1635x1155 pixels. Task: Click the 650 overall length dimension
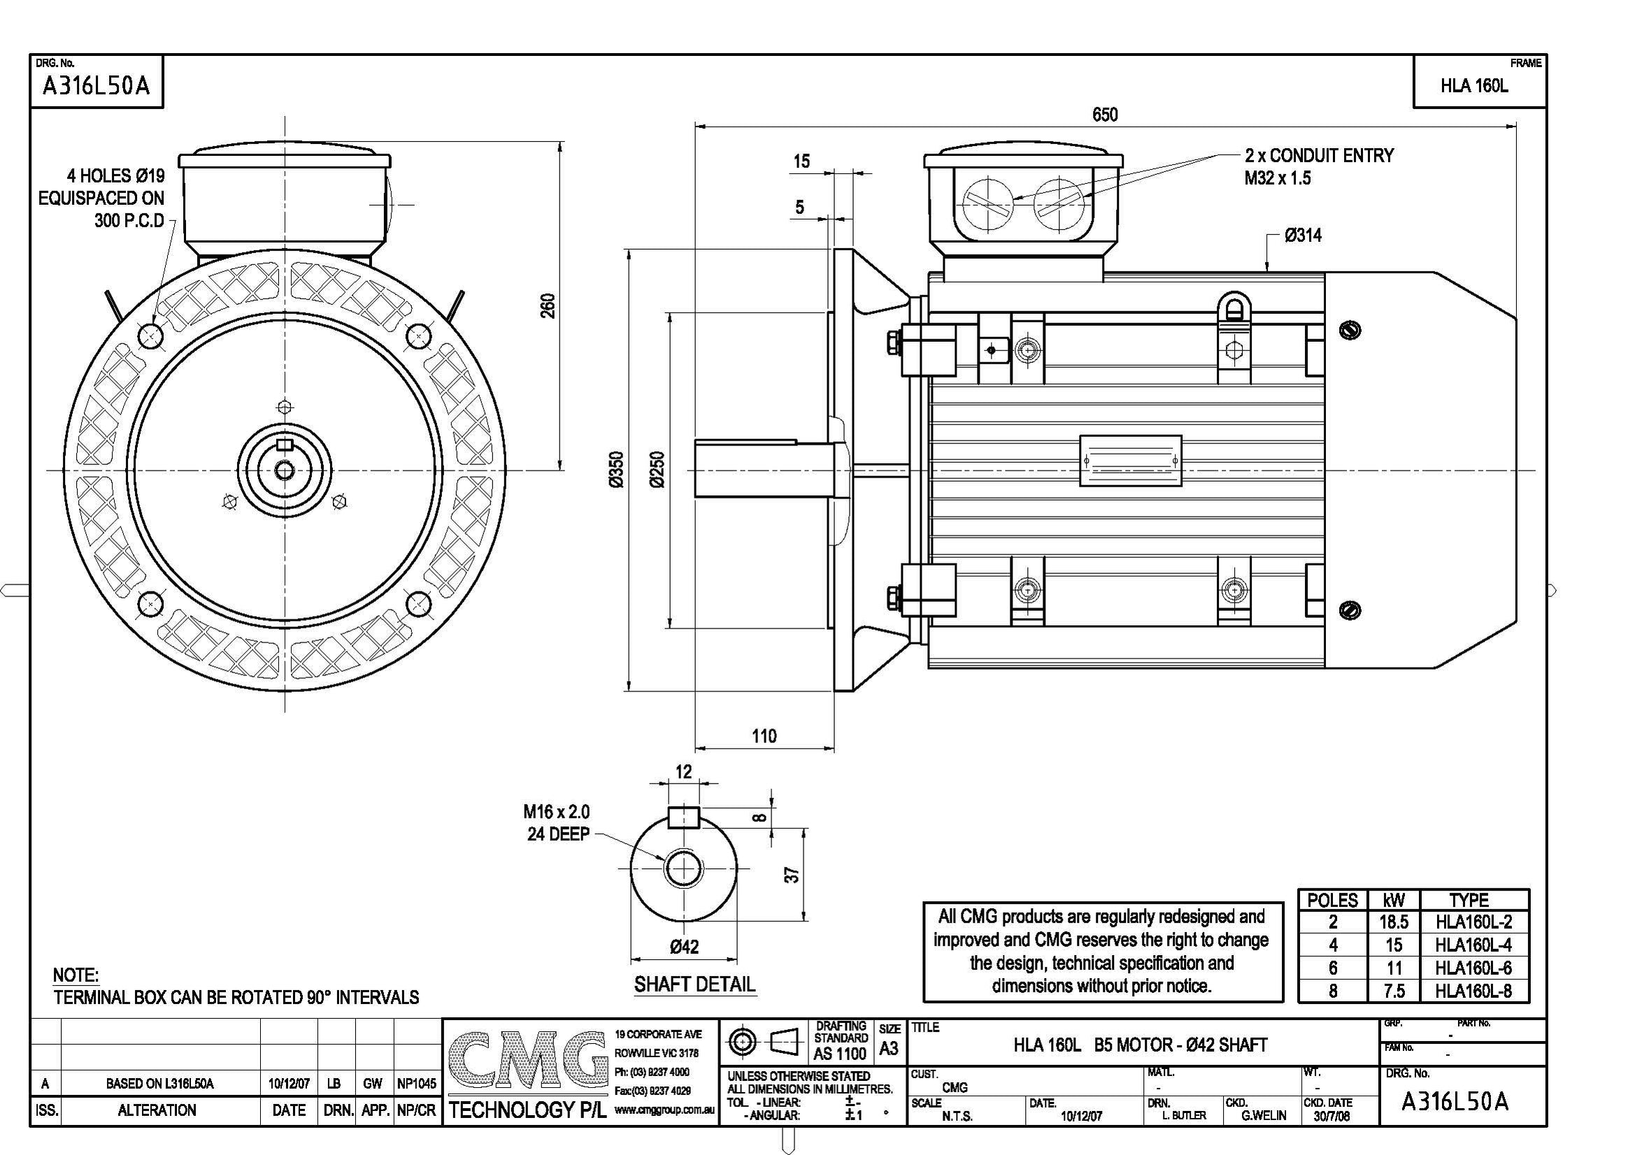(1104, 115)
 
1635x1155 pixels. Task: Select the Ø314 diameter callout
(1302, 236)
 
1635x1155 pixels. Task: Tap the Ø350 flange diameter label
(617, 469)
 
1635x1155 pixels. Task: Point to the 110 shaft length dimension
(764, 736)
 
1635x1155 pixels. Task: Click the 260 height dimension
(548, 306)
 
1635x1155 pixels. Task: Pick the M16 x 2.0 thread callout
(556, 812)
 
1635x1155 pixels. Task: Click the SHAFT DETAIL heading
(694, 984)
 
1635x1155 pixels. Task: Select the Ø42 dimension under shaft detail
(685, 947)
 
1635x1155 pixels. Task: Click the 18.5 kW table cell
(1394, 922)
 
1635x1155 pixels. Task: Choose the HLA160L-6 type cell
(1473, 968)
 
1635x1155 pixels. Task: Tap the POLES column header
(1332, 900)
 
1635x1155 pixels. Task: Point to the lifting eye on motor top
(1234, 309)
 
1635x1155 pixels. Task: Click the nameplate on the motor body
(1130, 461)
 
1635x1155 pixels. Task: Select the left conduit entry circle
(987, 203)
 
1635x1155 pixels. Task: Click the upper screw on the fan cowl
(1350, 330)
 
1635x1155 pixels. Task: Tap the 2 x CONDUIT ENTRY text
(1319, 156)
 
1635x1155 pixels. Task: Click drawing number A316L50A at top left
(96, 86)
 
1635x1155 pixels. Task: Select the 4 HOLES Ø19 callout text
(115, 176)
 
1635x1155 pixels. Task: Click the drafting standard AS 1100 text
(840, 1053)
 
